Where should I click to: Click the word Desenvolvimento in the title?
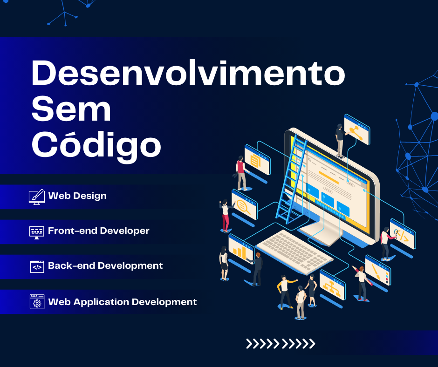(x=188, y=73)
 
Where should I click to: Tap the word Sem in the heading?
(x=71, y=109)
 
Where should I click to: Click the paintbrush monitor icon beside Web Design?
(x=37, y=197)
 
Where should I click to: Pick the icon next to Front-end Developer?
(x=37, y=232)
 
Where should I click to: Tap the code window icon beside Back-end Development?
(x=37, y=267)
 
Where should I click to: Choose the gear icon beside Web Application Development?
(x=37, y=302)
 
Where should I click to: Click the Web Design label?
(x=77, y=196)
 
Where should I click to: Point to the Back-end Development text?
(x=105, y=265)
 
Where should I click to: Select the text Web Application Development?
(x=123, y=302)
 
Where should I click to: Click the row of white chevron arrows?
(x=281, y=344)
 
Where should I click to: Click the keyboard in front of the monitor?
(x=294, y=252)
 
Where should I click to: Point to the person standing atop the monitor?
(x=340, y=141)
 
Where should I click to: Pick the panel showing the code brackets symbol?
(x=403, y=235)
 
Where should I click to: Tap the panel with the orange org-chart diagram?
(x=332, y=285)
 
